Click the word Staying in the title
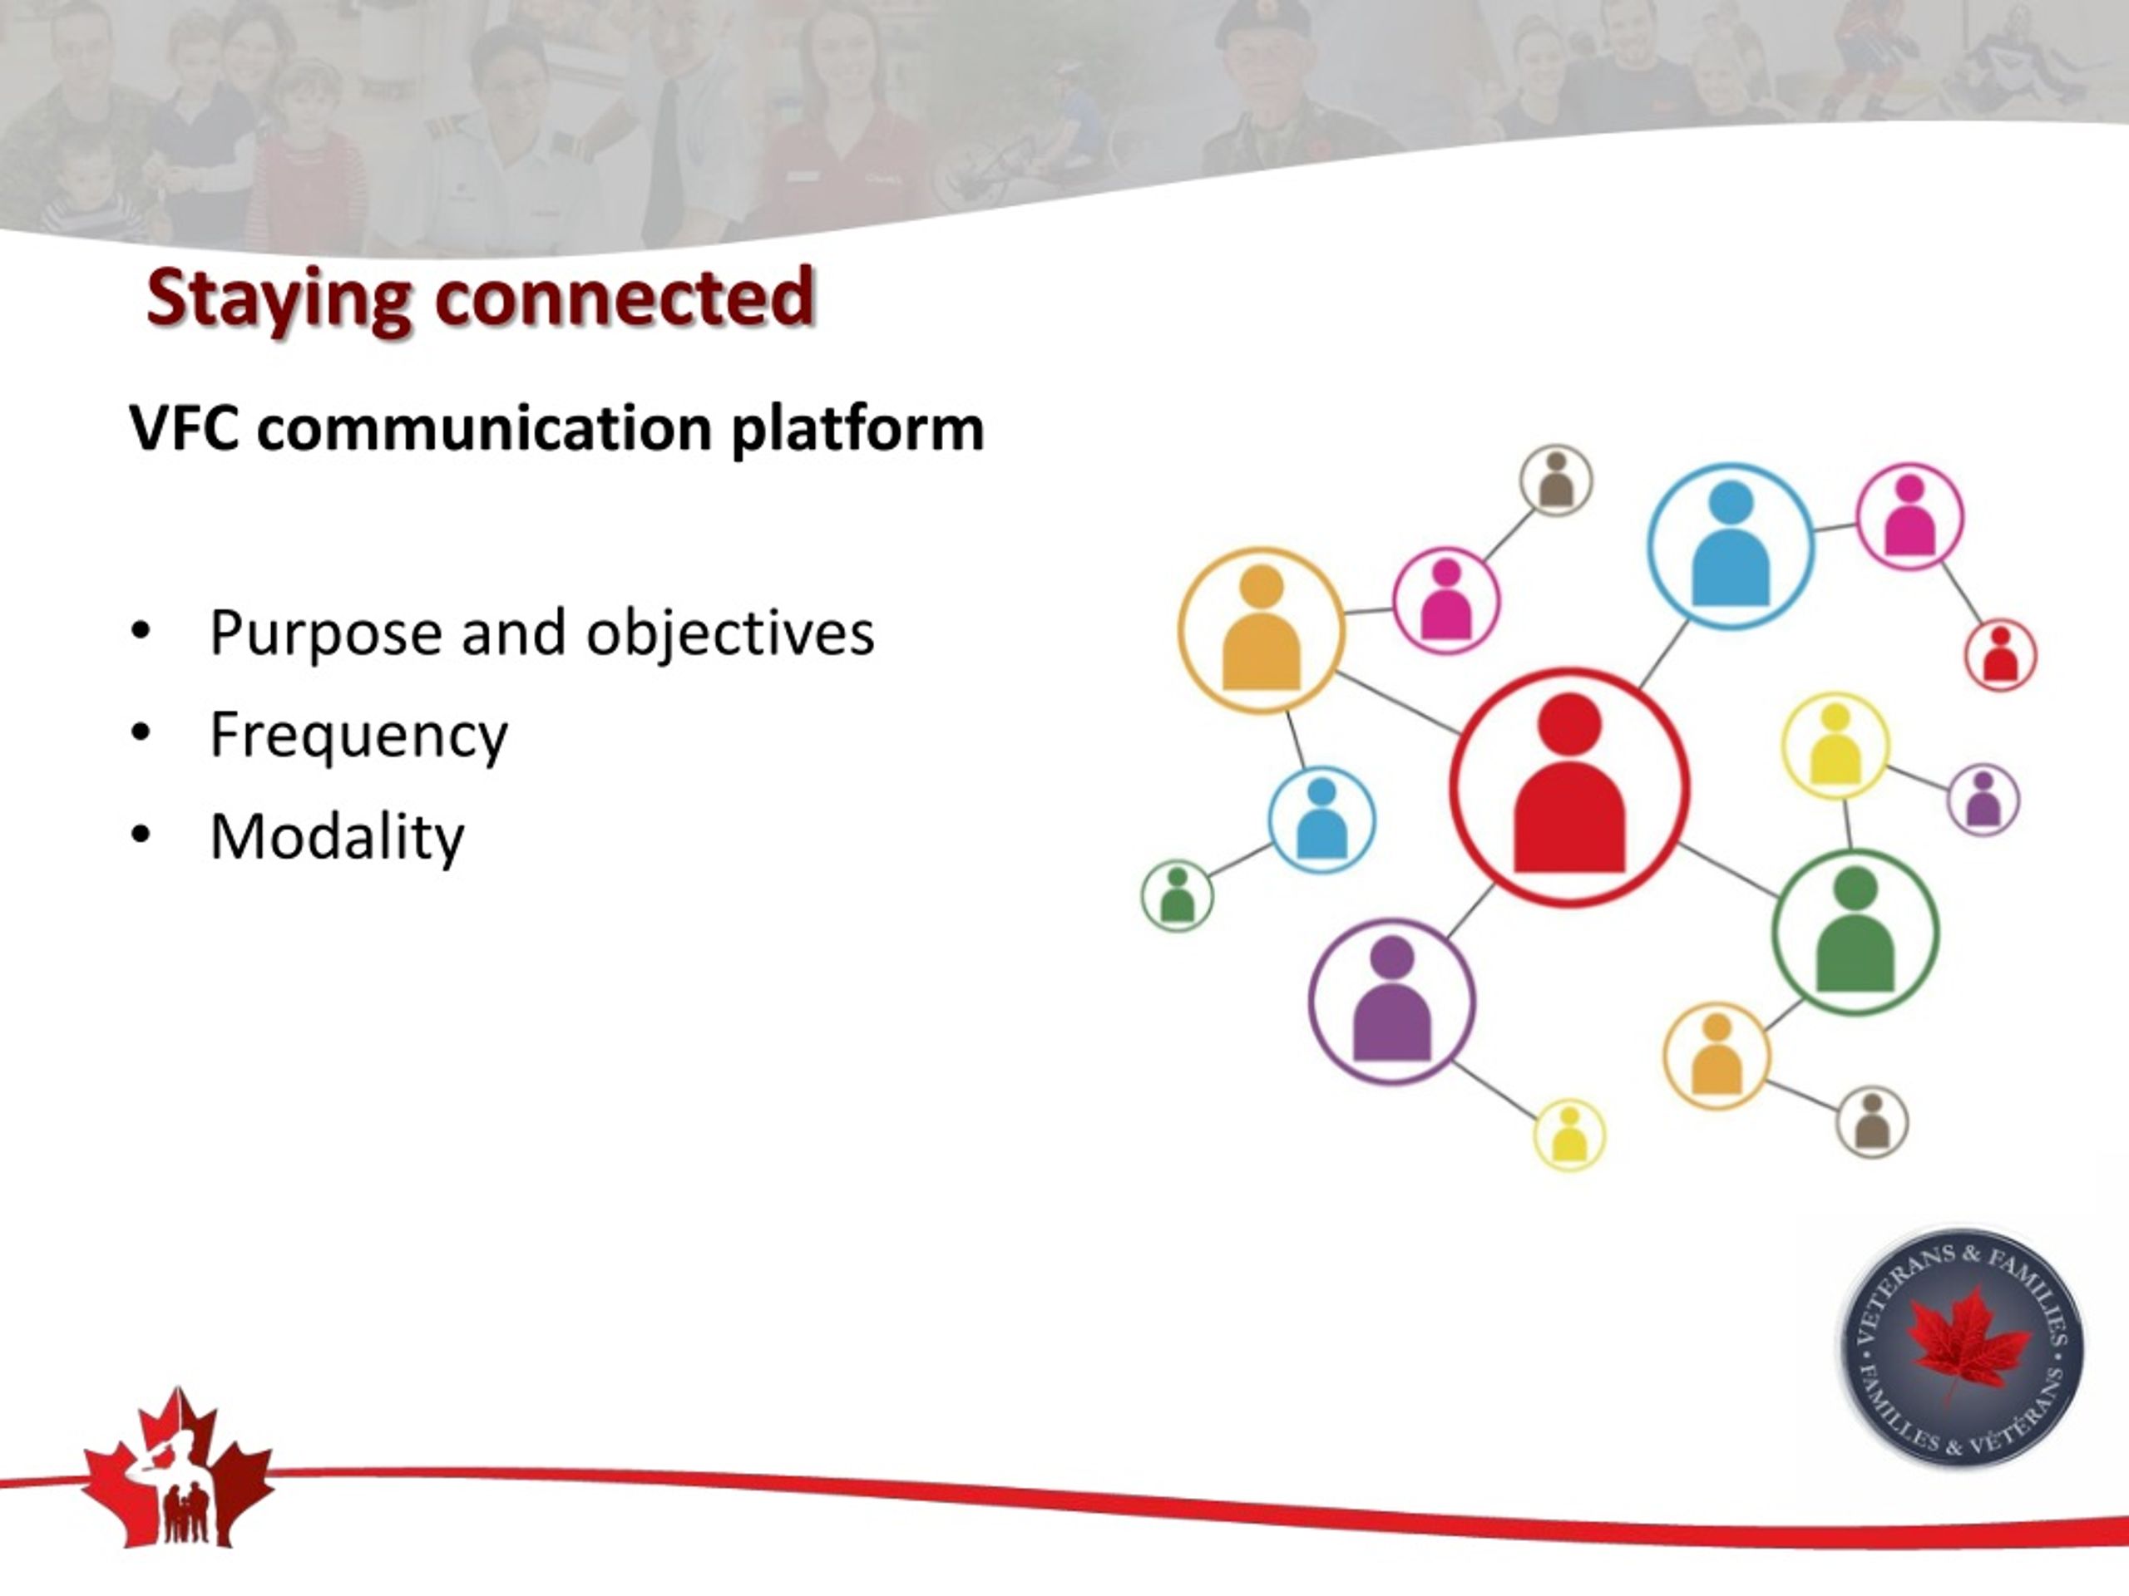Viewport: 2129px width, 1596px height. [x=280, y=300]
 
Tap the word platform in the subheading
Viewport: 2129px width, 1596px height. [x=857, y=429]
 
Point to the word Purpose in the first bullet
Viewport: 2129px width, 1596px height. [x=326, y=635]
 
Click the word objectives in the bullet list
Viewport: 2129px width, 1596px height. [x=729, y=634]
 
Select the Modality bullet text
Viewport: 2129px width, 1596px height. [x=337, y=836]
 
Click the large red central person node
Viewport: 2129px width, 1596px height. [x=1568, y=787]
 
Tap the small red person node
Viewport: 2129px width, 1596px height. [x=2000, y=654]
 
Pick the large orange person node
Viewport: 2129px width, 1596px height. [x=1261, y=630]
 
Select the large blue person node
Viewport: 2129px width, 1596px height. [x=1731, y=546]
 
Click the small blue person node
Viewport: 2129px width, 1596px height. [x=1321, y=820]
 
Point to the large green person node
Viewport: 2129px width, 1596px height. [x=1855, y=931]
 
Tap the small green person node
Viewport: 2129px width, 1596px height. [x=1177, y=895]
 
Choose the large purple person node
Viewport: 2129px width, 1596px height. [x=1391, y=1002]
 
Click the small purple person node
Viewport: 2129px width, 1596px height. [x=1983, y=800]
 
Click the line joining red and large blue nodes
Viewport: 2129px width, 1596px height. [x=1664, y=653]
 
